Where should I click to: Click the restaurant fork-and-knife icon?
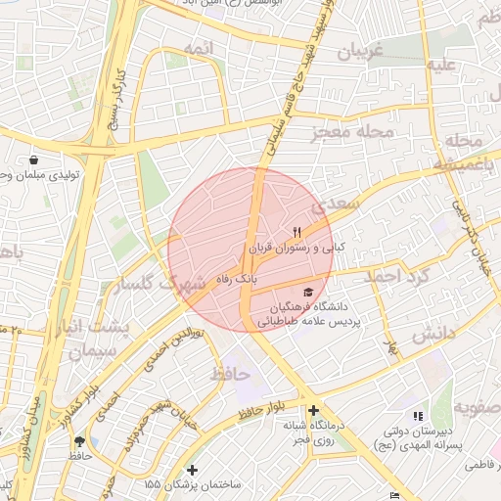point(296,232)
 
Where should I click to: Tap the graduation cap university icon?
point(309,292)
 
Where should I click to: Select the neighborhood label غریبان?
point(359,52)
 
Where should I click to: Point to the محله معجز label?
point(353,130)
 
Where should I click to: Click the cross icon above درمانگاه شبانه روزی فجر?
point(312,411)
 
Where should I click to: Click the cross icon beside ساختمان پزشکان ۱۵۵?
point(193,470)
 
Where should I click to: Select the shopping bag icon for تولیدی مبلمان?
point(34,159)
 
